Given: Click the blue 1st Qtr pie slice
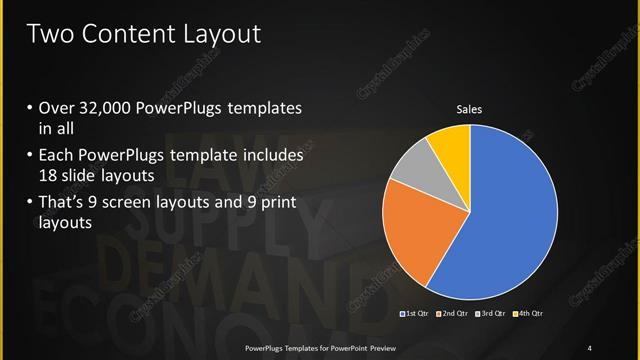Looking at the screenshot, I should (500, 220).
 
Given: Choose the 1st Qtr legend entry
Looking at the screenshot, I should (416, 315).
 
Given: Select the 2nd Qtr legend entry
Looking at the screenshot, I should (453, 315).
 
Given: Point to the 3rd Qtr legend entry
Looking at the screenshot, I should (490, 315).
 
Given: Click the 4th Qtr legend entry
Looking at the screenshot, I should (527, 315).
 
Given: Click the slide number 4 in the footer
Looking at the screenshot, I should (590, 347).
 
